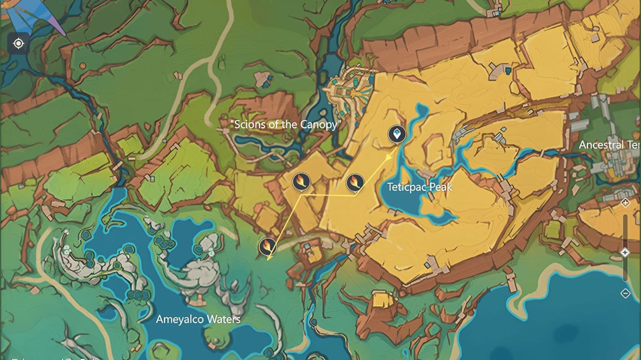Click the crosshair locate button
(19, 43)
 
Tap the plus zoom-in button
(626, 203)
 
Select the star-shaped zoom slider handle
(626, 252)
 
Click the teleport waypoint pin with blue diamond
(396, 135)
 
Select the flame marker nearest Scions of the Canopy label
(301, 182)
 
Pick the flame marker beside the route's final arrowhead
(268, 246)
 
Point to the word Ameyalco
(180, 319)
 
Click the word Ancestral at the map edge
(601, 145)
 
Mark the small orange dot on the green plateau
(82, 65)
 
